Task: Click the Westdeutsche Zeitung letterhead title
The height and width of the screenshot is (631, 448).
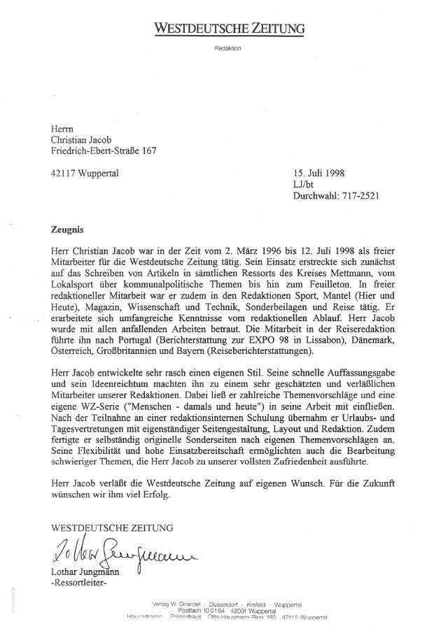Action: [x=230, y=29]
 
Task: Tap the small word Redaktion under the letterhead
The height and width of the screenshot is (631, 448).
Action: [x=229, y=49]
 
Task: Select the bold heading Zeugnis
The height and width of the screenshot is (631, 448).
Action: [x=69, y=229]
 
